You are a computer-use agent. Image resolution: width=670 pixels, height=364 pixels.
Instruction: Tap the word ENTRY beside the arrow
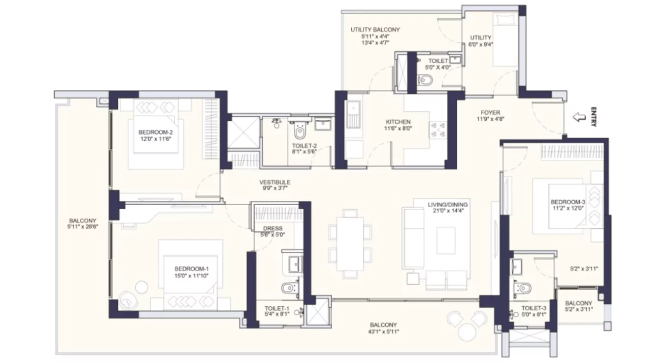pos(594,117)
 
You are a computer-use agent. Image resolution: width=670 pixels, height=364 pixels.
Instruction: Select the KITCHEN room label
pos(398,122)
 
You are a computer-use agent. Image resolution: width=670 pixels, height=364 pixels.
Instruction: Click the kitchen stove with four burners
pos(438,129)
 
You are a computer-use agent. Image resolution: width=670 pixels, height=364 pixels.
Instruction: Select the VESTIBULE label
pos(275,182)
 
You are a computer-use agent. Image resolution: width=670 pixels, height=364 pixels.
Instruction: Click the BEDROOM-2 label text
pos(155,132)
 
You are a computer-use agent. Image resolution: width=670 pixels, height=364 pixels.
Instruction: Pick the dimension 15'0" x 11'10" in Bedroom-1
pos(192,275)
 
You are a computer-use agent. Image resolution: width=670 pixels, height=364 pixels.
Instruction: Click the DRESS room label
pos(272,228)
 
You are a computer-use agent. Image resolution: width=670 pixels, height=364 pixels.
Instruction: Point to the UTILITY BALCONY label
pos(375,30)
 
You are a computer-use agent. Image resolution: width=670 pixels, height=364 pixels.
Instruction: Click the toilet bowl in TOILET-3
pos(524,288)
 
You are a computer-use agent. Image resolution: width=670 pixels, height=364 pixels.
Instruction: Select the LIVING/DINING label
pos(447,204)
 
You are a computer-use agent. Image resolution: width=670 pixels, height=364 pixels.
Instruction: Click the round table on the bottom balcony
pos(467,332)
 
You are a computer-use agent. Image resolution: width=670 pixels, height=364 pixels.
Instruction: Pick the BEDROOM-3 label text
pos(568,202)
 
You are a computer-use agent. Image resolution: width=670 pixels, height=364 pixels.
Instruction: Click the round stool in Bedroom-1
pos(142,287)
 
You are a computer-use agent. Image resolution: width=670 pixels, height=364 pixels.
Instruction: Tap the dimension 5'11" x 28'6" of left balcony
pos(82,227)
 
